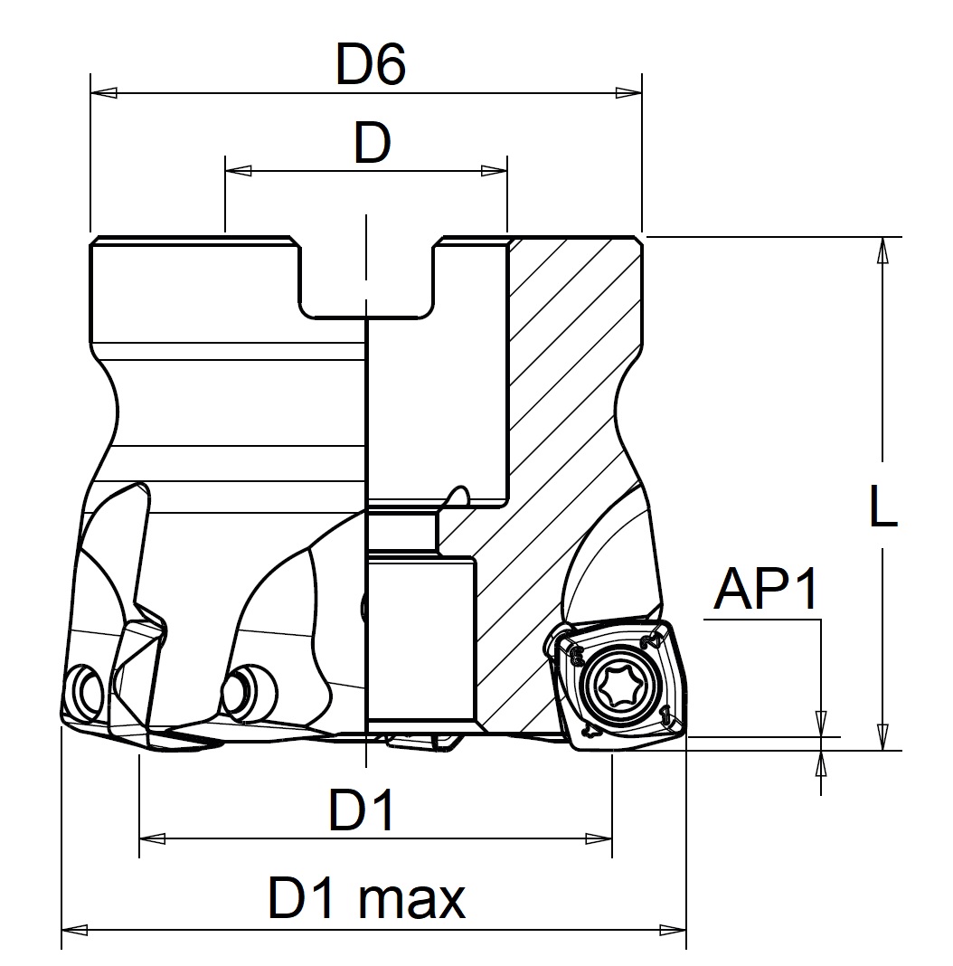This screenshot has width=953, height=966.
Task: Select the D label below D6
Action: [372, 143]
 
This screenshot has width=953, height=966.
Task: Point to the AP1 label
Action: [766, 591]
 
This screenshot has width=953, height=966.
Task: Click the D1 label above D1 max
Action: [362, 810]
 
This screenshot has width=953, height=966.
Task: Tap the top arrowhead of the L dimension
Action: [881, 250]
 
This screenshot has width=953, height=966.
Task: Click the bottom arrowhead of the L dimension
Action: [881, 738]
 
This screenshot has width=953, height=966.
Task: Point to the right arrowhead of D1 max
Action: [674, 929]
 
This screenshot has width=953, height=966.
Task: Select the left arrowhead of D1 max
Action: [73, 929]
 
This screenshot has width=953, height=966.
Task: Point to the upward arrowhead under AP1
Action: [821, 764]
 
